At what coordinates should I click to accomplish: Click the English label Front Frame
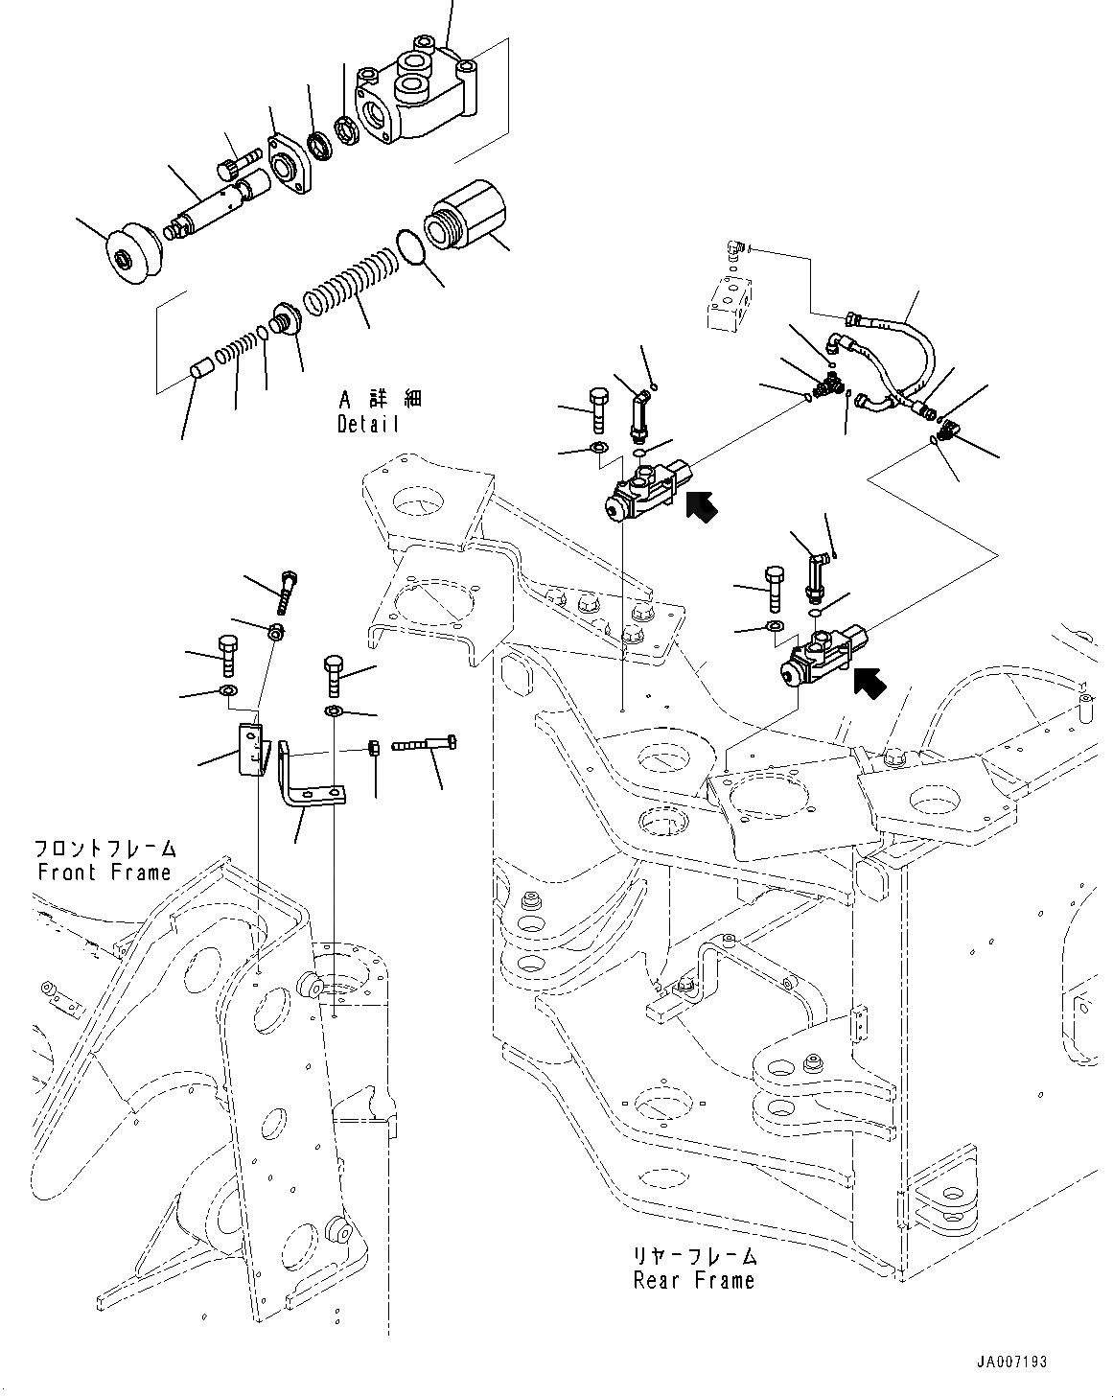click(x=104, y=873)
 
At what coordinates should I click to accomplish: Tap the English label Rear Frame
click(x=693, y=1280)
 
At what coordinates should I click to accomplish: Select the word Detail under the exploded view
click(x=367, y=424)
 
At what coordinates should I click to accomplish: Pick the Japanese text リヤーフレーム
click(x=694, y=1256)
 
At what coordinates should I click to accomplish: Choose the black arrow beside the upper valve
click(x=702, y=505)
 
